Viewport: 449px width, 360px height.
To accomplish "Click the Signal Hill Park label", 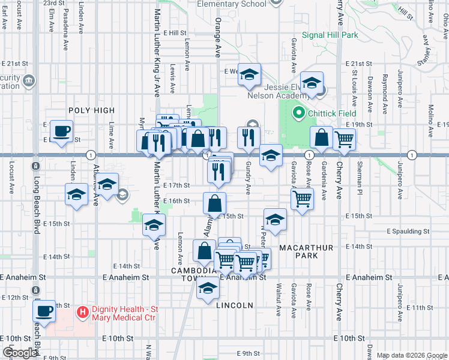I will coord(330,35).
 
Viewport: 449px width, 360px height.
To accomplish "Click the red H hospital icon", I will coord(83,312).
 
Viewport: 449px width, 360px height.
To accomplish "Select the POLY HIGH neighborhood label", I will coord(91,110).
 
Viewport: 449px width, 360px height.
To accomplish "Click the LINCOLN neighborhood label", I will coord(235,305).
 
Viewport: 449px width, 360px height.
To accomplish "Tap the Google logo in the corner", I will coord(19,353).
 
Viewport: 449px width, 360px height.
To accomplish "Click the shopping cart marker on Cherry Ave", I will coord(344,139).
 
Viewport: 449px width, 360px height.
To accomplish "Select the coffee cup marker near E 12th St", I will coord(44,311).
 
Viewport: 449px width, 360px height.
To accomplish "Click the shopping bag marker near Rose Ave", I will coord(322,137).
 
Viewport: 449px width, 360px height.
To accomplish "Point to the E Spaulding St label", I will coord(408,231).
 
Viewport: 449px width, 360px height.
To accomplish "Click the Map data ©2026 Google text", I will coord(411,355).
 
